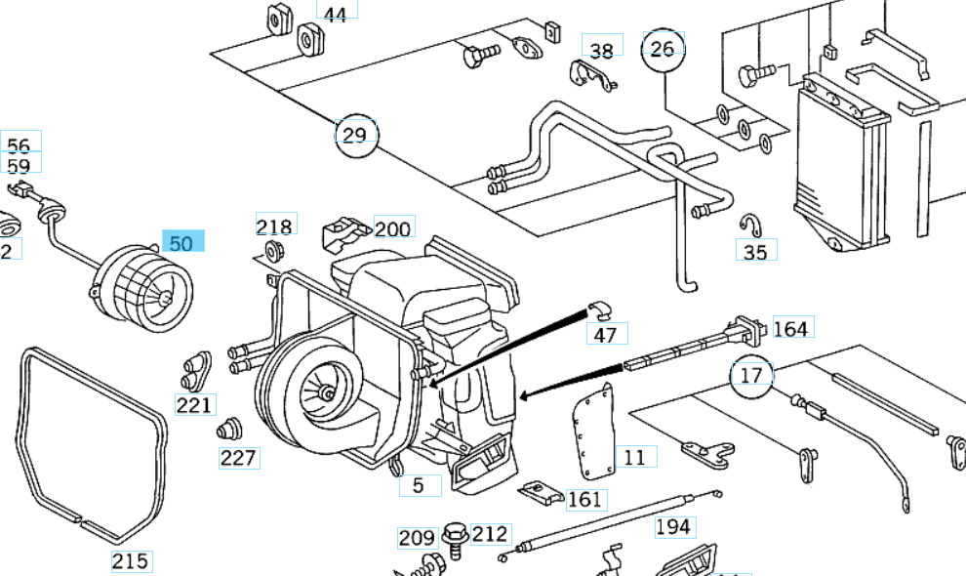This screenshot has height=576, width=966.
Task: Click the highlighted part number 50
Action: (181, 242)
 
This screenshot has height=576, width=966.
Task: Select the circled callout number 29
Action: (355, 135)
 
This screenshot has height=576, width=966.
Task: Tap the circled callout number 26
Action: (662, 49)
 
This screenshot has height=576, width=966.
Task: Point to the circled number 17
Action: (750, 375)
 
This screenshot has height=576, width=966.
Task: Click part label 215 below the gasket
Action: (130, 560)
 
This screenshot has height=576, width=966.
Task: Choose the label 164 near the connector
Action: (789, 328)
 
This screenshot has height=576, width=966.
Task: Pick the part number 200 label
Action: (392, 229)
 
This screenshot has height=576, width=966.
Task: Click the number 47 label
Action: (605, 335)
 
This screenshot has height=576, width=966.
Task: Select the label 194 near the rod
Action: (672, 527)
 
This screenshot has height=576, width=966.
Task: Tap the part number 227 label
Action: (238, 458)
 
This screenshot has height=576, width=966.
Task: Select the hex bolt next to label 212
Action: (454, 536)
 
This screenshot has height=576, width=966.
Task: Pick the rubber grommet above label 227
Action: (230, 429)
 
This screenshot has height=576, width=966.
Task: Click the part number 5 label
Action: (419, 484)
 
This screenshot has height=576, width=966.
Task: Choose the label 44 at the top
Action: (335, 15)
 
